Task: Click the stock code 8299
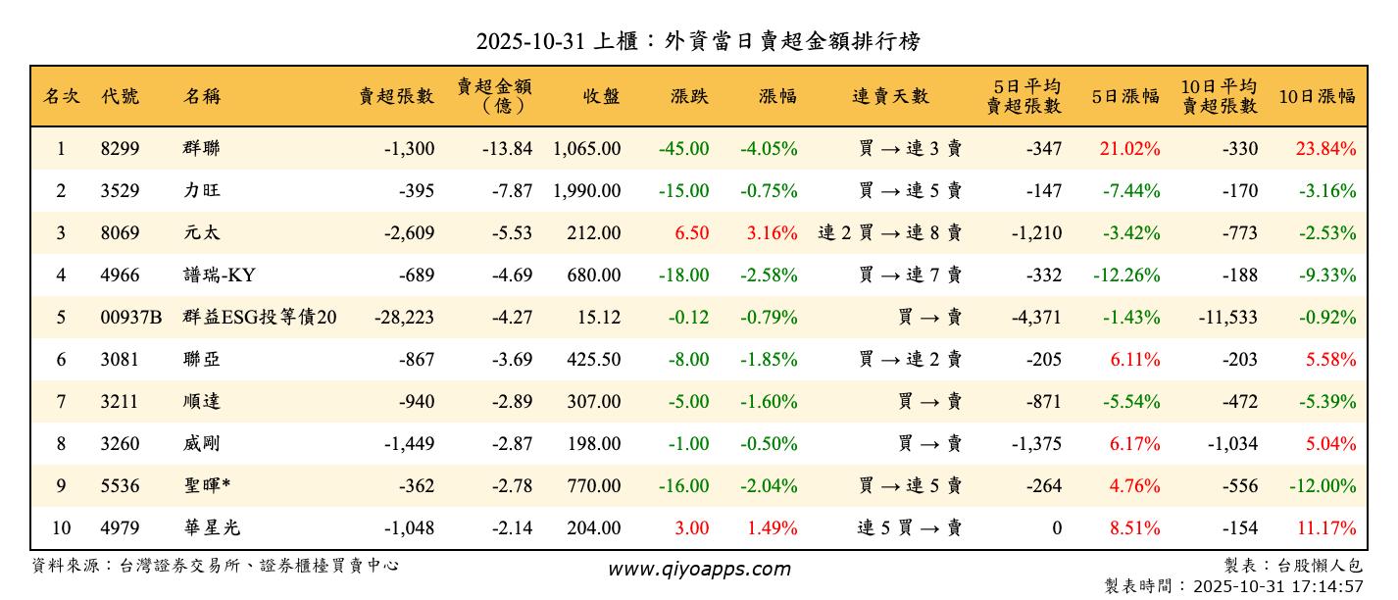click(x=121, y=149)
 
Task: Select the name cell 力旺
click(x=199, y=191)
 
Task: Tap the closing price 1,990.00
click(x=586, y=191)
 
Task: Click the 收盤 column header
click(x=601, y=96)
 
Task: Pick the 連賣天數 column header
click(x=890, y=96)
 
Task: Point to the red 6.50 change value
click(x=691, y=233)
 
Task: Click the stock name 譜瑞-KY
click(x=219, y=275)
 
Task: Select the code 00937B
click(x=131, y=318)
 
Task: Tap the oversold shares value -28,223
click(x=404, y=318)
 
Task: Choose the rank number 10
click(x=61, y=528)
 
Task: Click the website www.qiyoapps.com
click(x=699, y=569)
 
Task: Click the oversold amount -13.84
click(x=507, y=149)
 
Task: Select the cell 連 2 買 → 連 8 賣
click(x=889, y=233)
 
